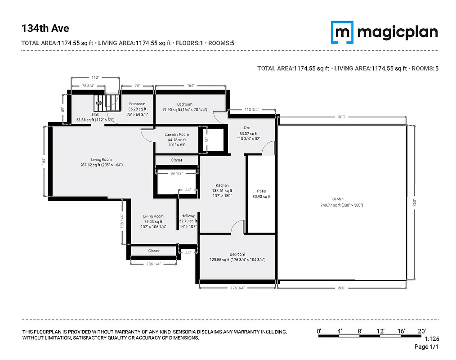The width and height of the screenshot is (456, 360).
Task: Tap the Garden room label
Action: [x=338, y=199]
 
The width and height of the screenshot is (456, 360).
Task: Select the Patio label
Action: [x=261, y=191]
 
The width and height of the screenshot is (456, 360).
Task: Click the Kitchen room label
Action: [x=222, y=185]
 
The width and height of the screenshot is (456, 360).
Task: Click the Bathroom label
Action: [x=137, y=104]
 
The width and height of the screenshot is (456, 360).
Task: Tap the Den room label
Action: [x=247, y=127]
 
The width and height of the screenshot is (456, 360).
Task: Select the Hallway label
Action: [x=188, y=216]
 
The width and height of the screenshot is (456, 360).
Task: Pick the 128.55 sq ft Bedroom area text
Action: [x=237, y=260]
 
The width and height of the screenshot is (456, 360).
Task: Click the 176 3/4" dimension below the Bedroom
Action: [x=237, y=288]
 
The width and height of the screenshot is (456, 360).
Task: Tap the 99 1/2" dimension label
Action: [x=177, y=173]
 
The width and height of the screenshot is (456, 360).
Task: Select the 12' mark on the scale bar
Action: [x=381, y=331]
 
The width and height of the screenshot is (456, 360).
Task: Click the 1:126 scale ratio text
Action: [x=431, y=339]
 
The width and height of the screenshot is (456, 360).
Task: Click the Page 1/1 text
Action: [x=426, y=346]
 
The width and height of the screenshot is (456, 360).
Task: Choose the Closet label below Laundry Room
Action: [x=176, y=160]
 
